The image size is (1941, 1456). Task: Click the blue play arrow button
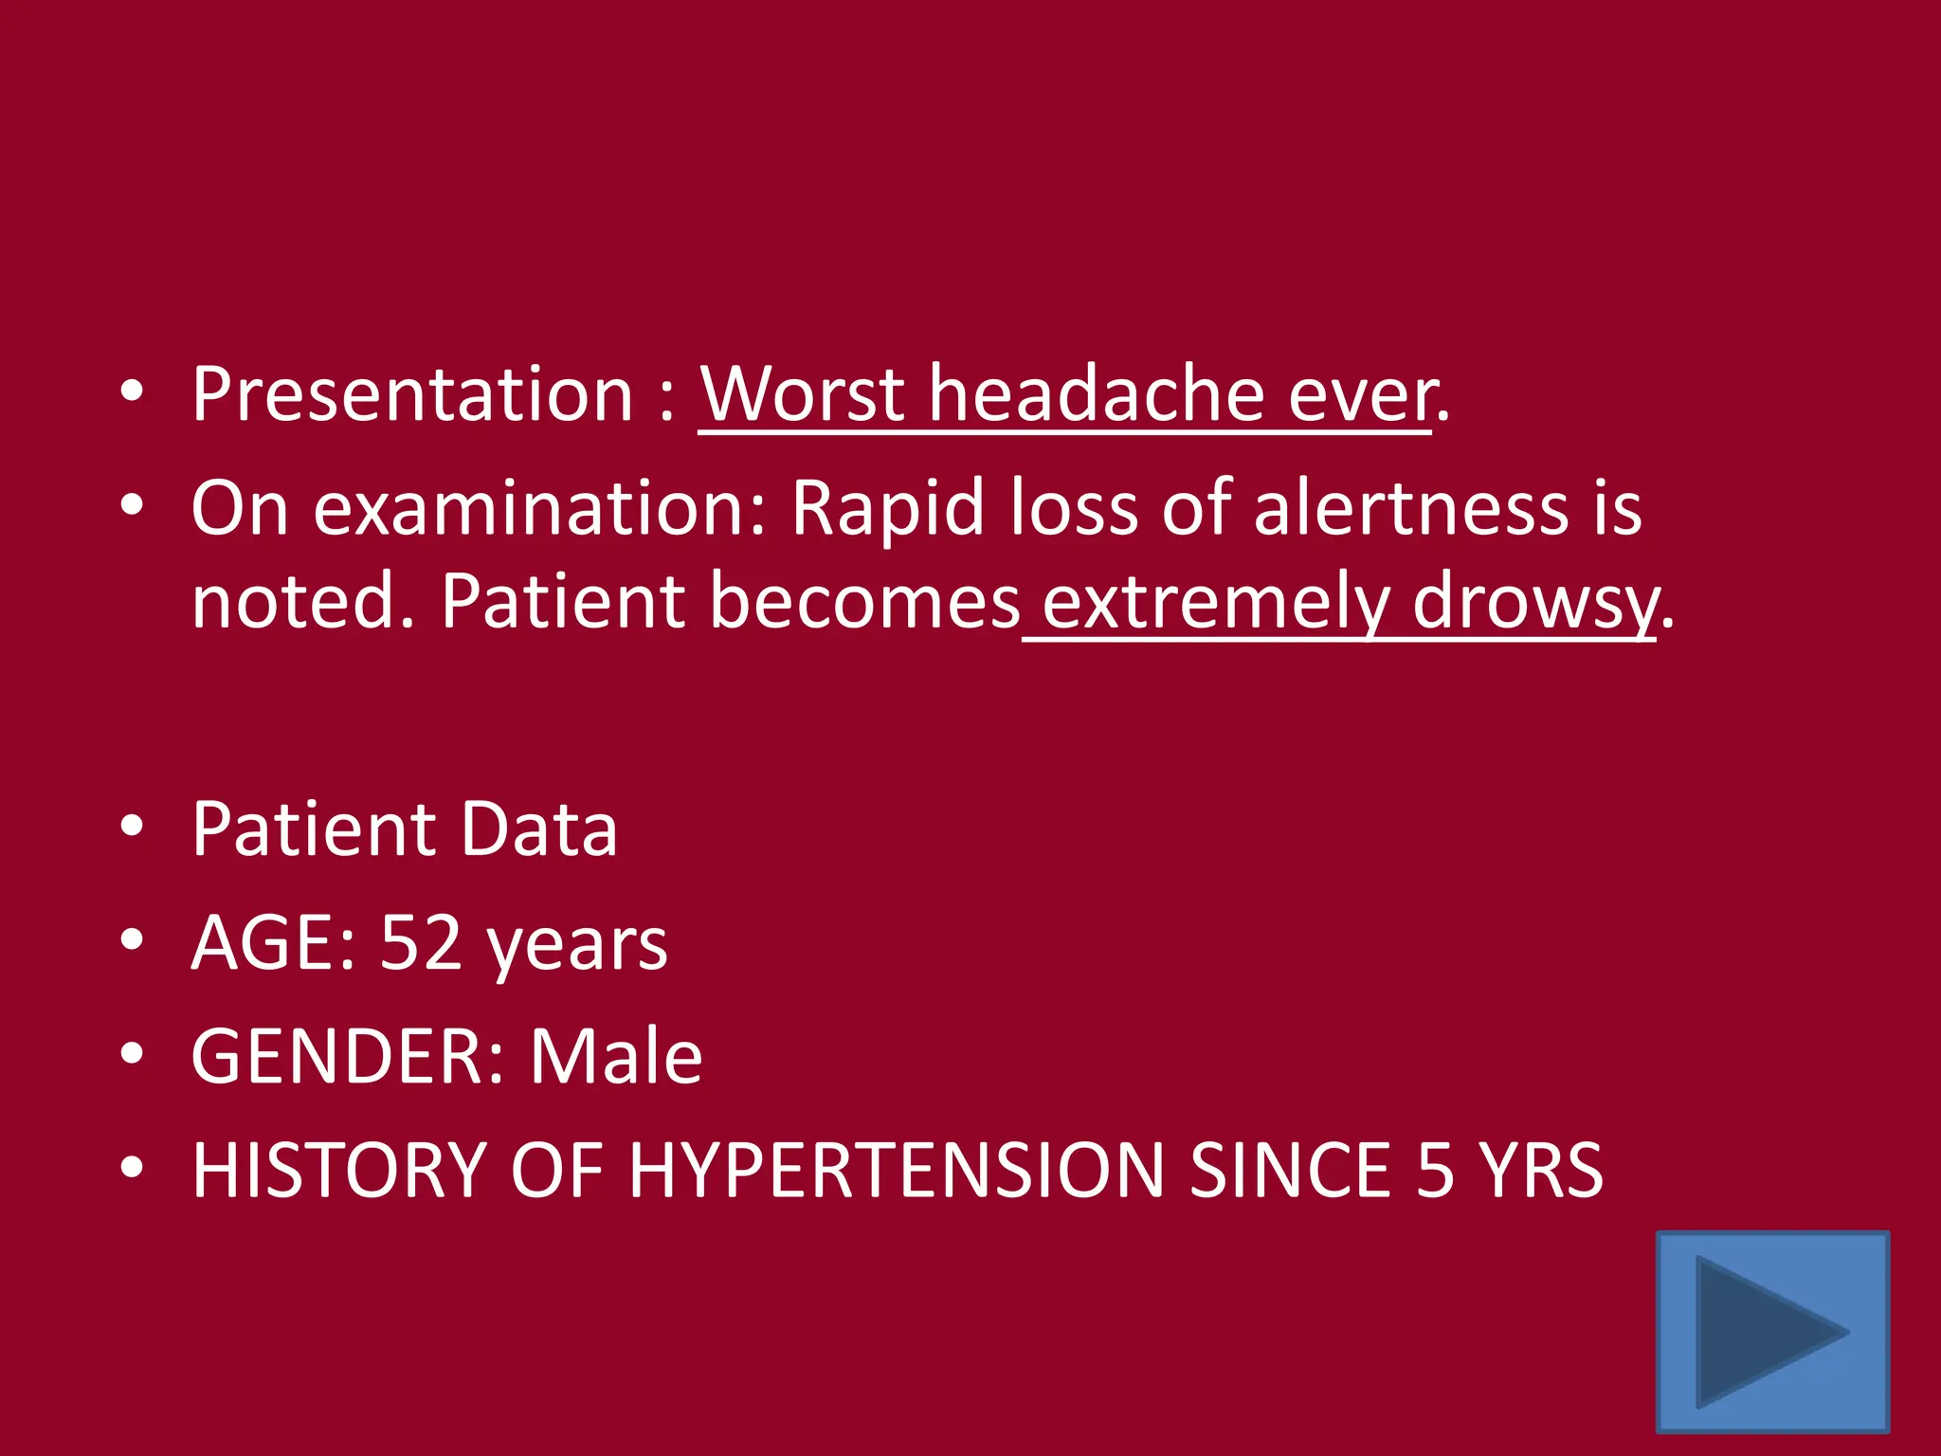(x=1772, y=1331)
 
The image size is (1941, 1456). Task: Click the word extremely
(x=1216, y=602)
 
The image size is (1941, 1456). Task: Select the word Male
(x=616, y=1056)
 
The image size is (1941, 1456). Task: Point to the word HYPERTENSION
(x=896, y=1171)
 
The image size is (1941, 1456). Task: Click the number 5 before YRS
(x=1435, y=1171)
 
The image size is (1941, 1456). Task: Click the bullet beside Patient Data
(x=132, y=827)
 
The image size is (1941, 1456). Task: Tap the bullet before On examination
(x=132, y=505)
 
